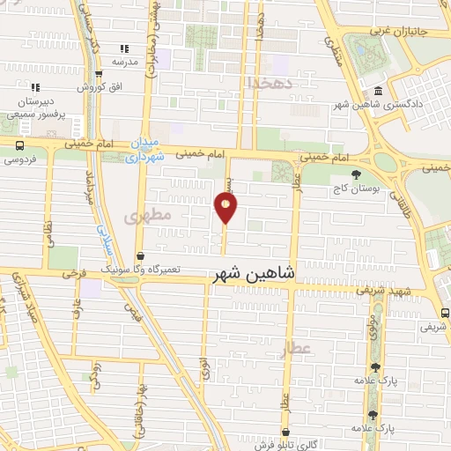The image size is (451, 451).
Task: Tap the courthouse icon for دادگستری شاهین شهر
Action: (378, 92)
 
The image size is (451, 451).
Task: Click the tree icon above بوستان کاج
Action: (355, 174)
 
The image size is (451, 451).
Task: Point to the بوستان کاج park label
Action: (355, 189)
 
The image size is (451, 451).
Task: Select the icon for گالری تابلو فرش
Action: (286, 432)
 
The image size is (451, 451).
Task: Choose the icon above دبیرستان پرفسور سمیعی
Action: (35, 87)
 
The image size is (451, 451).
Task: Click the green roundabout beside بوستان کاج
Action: (385, 162)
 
